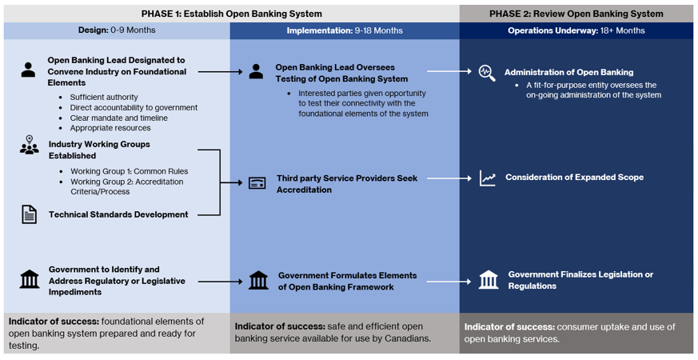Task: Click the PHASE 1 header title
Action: [232, 14]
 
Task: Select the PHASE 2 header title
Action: [576, 14]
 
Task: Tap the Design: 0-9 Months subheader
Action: [117, 30]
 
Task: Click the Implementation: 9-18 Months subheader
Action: [345, 30]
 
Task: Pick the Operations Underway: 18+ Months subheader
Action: [576, 30]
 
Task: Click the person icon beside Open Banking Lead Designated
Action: [29, 70]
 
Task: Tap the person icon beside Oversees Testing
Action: [256, 72]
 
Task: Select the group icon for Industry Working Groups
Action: [29, 146]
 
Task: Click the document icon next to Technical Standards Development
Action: [29, 214]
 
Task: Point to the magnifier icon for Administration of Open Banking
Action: [486, 72]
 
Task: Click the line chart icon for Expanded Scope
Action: [487, 178]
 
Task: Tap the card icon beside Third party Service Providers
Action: [257, 183]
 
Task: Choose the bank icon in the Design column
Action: [29, 279]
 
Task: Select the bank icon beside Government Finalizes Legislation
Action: [488, 280]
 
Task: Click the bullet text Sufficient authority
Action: [104, 97]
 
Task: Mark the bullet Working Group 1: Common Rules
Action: [129, 171]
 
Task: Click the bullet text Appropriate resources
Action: [110, 128]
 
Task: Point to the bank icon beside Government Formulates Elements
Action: [258, 280]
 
